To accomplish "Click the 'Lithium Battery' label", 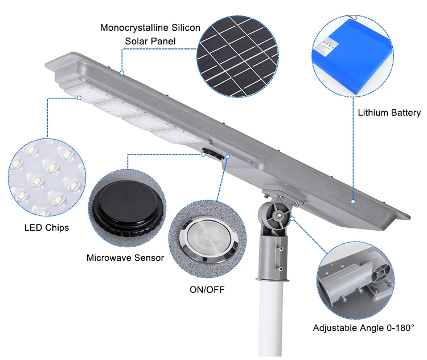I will [389, 113].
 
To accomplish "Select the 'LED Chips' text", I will [47, 227].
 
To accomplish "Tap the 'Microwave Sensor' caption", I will [125, 257].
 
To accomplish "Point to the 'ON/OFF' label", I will [207, 289].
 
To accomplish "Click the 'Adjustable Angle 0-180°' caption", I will [363, 328].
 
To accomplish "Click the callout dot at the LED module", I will [80, 98].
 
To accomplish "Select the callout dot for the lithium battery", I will [353, 201].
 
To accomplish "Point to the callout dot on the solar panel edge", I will [121, 73].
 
